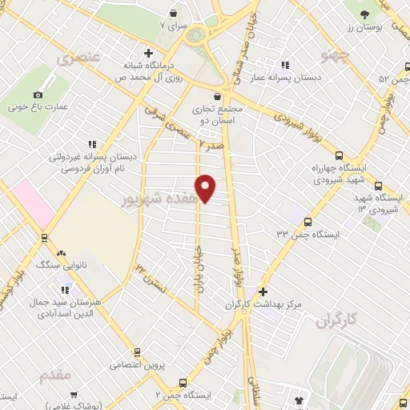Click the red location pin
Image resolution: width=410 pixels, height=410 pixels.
[206, 188]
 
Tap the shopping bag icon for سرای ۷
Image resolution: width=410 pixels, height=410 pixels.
[173, 13]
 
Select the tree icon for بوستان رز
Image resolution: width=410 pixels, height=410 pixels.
[364, 14]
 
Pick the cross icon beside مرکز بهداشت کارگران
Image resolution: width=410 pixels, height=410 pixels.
[262, 291]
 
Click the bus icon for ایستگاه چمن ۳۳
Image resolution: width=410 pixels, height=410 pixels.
[308, 222]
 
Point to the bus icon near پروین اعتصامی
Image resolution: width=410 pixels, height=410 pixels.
[137, 351]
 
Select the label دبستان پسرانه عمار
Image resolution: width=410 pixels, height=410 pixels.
[299, 78]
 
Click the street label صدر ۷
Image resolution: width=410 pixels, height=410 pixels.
[212, 145]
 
